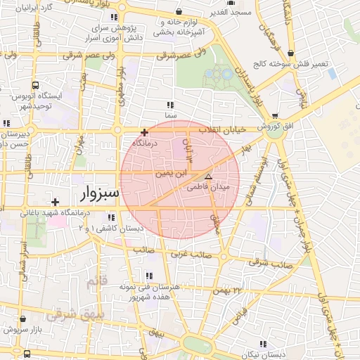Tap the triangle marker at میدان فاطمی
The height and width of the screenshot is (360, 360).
pos(208,176)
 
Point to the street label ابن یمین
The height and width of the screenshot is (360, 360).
pos(172,171)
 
